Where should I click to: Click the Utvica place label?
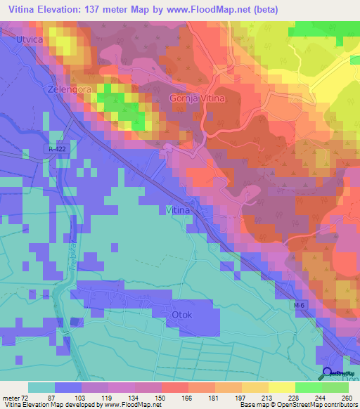[29, 41]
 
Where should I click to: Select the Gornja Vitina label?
[197, 99]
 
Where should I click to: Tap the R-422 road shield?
[59, 149]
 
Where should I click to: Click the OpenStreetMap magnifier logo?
[328, 373]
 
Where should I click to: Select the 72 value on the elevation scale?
[28, 397]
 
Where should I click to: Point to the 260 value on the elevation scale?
[346, 397]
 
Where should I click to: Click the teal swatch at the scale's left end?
[41, 387]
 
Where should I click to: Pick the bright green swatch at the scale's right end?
[335, 387]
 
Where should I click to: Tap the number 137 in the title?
[113, 10]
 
